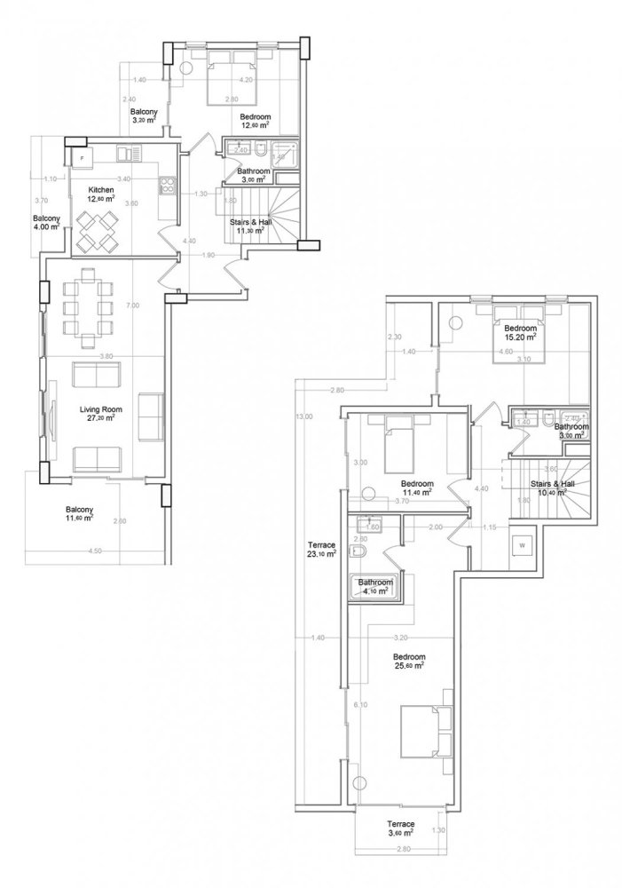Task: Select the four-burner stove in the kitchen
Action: coord(165,186)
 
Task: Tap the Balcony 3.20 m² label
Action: coord(144,116)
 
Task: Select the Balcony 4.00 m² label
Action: coord(46,223)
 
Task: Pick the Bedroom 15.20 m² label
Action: coord(521,332)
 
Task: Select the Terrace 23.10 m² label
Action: coord(316,549)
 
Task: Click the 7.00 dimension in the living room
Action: coord(133,306)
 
